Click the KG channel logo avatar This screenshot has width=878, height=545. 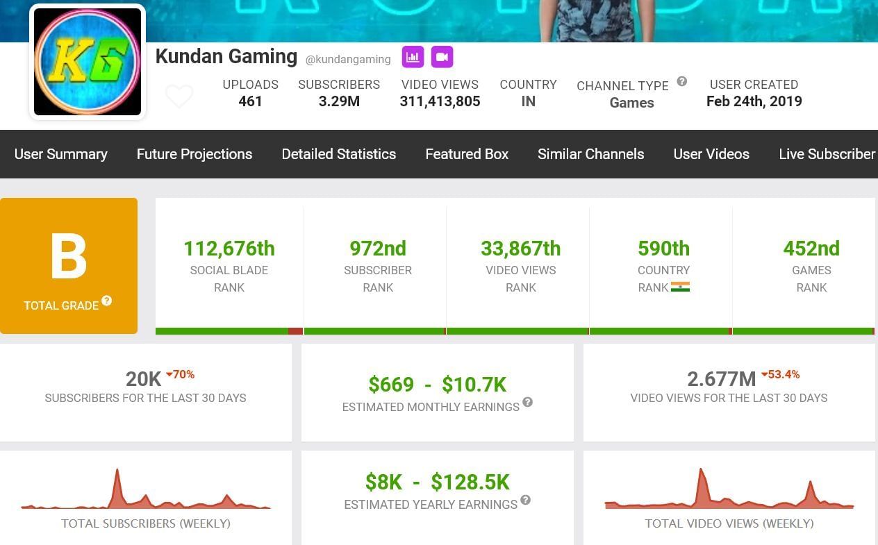point(88,62)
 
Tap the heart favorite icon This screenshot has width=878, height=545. point(179,97)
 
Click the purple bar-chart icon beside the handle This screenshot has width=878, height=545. point(413,57)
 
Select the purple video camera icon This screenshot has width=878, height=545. point(442,57)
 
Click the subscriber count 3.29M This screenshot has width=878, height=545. point(339,101)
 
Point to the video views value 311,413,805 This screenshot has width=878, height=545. point(440,101)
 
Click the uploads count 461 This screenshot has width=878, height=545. point(250,101)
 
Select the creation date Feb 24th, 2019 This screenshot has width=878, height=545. point(754,101)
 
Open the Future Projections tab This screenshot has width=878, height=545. point(194,154)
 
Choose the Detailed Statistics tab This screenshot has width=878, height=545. point(339,154)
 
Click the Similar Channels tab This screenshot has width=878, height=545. point(590,154)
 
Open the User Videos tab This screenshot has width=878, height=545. point(711,154)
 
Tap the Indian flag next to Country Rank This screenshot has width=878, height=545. point(680,287)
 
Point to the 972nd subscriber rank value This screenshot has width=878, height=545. point(378,249)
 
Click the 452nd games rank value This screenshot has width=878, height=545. point(811,249)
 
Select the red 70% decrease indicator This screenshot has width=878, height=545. point(181,375)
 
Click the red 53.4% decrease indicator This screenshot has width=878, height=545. point(781,375)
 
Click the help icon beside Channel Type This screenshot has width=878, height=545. point(682,81)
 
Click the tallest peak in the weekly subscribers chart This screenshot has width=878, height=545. point(117,472)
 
